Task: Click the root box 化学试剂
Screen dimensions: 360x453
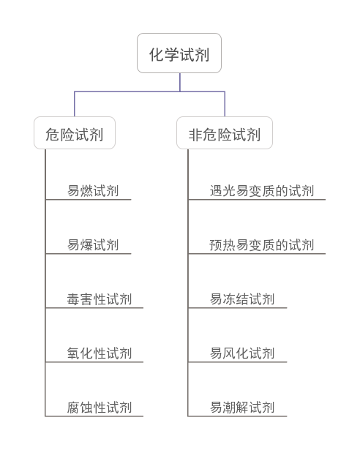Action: (x=179, y=53)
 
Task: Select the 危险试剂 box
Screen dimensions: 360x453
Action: (x=75, y=133)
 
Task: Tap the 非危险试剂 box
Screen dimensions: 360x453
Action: (x=225, y=133)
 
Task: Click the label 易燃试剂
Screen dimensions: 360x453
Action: (x=93, y=191)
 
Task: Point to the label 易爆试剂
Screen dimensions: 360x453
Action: (x=93, y=245)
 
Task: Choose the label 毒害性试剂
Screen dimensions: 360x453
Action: (x=99, y=299)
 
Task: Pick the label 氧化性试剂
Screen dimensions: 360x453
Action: (x=99, y=353)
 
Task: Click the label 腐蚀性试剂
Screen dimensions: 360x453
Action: (x=99, y=408)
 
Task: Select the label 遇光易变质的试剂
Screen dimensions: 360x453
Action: (x=262, y=191)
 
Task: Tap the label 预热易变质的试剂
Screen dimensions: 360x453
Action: (x=262, y=245)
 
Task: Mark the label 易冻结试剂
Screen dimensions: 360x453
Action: (x=242, y=299)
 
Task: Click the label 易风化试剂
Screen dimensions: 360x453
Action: (x=242, y=353)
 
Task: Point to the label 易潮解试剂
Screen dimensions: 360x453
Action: (x=242, y=408)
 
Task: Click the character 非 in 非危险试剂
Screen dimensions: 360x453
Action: (x=195, y=135)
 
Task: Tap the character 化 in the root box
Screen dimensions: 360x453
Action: (x=157, y=55)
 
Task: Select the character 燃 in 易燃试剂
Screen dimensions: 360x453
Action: (x=86, y=191)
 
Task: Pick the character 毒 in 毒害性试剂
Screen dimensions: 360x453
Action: (x=73, y=299)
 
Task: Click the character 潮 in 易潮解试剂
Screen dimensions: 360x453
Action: (x=229, y=408)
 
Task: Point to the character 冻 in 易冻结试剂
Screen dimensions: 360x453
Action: (x=229, y=299)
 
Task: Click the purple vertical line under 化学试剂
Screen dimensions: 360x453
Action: (x=180, y=83)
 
